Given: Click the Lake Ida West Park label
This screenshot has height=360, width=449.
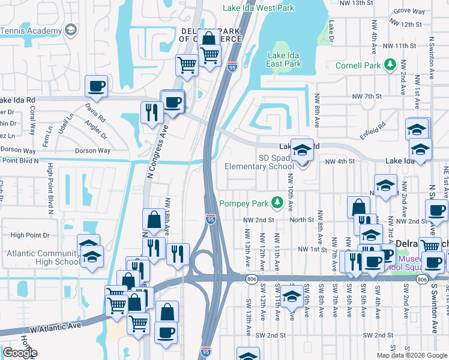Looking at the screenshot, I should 259,8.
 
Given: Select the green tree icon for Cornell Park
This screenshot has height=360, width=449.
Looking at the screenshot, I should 390,64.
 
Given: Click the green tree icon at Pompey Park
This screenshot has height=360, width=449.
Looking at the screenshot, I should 277,203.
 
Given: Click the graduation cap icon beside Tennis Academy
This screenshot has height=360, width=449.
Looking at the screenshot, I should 71,30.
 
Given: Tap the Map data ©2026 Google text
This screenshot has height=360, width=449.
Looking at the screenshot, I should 411,355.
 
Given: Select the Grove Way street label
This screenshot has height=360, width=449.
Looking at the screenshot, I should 410,11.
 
